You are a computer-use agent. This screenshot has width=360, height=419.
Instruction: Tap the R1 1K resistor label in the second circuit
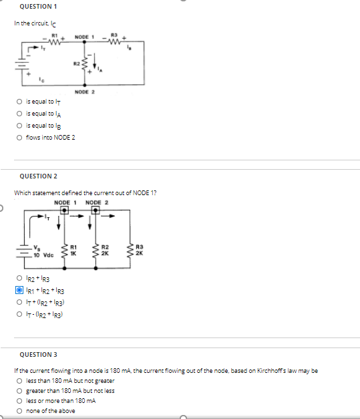(x=77, y=253)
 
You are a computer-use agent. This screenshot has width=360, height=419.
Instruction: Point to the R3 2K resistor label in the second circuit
(x=138, y=253)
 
